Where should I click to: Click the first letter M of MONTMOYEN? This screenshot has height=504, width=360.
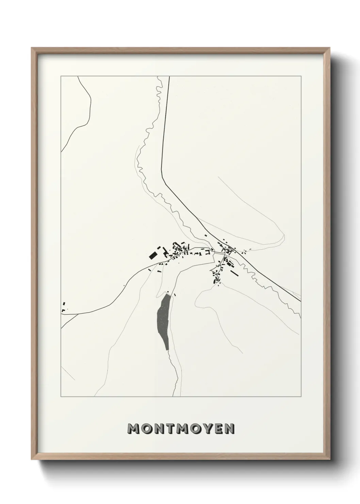coord(133,429)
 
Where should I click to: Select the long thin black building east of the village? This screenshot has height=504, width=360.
coord(235,273)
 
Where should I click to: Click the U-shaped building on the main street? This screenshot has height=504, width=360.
coord(207,252)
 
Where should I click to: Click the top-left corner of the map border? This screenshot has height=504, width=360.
coord(61,76)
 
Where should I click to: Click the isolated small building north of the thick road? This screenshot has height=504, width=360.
coord(206,235)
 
